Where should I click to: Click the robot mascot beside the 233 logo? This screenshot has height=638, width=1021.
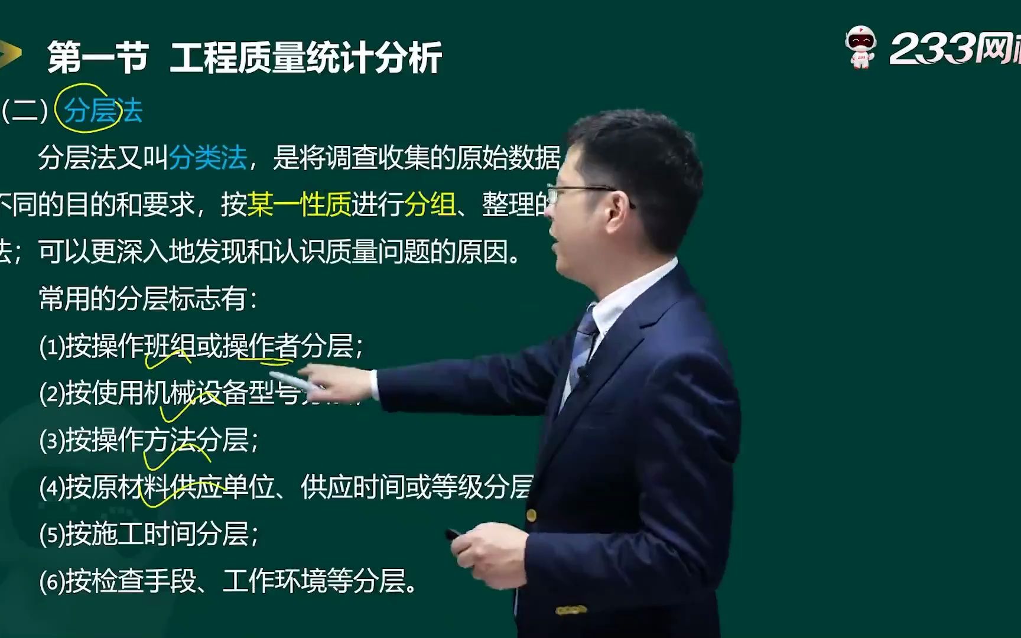[x=860, y=47]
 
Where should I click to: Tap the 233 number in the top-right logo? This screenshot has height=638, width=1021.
[x=930, y=48]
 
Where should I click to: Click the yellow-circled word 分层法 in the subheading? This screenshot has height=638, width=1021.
[x=103, y=110]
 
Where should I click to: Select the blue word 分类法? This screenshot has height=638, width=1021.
[x=207, y=158]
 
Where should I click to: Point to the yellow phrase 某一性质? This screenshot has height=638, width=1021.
[x=299, y=205]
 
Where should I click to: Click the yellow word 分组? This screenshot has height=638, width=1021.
[x=430, y=205]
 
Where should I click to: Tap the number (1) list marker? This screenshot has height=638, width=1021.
[x=51, y=347]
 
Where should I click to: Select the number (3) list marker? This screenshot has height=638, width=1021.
[x=51, y=441]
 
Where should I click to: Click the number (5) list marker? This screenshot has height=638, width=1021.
[x=51, y=535]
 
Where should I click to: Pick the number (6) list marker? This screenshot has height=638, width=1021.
[x=51, y=582]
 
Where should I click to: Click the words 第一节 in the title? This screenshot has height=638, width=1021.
[x=97, y=58]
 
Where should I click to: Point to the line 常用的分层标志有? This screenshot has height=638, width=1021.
[x=148, y=299]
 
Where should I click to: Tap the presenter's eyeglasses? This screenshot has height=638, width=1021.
[x=582, y=193]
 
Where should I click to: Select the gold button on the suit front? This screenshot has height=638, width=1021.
[x=531, y=515]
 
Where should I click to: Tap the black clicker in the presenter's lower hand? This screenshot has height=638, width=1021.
[x=454, y=534]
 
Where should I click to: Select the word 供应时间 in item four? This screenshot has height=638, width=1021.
[x=352, y=487]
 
